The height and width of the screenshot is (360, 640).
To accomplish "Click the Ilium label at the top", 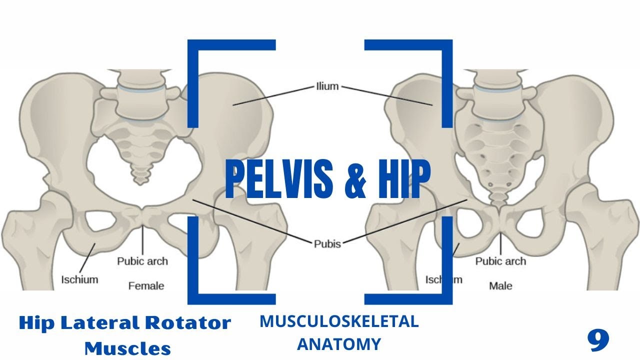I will click(x=327, y=86).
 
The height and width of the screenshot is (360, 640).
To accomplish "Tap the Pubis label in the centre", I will click(x=327, y=244).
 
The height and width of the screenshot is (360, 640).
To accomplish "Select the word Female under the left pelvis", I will click(x=146, y=286).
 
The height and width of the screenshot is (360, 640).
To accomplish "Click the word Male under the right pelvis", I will click(x=500, y=286).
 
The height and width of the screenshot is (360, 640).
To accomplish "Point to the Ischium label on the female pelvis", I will click(x=79, y=279).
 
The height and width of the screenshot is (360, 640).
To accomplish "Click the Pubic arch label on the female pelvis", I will click(x=142, y=261).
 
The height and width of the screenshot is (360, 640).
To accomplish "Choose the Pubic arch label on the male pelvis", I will click(x=500, y=261).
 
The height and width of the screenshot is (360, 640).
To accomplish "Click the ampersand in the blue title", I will click(x=353, y=178).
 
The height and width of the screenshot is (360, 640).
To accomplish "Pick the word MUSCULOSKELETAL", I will click(x=339, y=321).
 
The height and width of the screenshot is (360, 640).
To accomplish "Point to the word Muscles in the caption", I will click(x=127, y=347).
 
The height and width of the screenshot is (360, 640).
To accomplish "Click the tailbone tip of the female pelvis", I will click(x=141, y=181).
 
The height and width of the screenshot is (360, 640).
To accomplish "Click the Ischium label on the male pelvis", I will click(x=443, y=279).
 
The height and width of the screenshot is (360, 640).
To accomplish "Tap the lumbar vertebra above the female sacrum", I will click(x=140, y=100).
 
